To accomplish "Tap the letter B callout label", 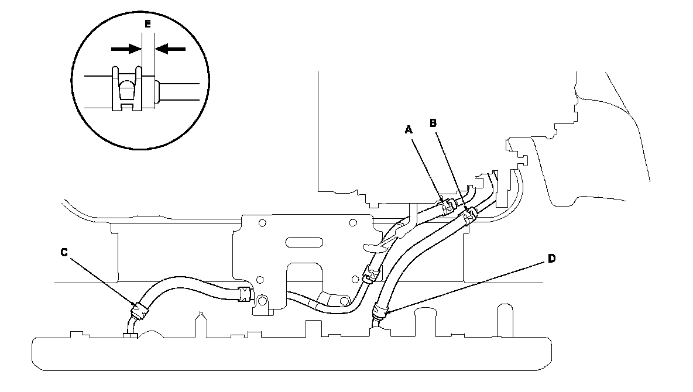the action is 434,123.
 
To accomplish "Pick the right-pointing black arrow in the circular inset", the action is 125,49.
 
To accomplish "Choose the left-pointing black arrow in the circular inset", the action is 170,49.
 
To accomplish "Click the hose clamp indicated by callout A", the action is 448,206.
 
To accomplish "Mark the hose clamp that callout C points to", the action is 139,310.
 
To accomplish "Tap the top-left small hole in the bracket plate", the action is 262,222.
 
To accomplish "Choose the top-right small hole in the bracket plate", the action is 353,222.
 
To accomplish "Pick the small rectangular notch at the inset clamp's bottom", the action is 126,107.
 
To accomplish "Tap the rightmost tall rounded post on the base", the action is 502,319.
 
